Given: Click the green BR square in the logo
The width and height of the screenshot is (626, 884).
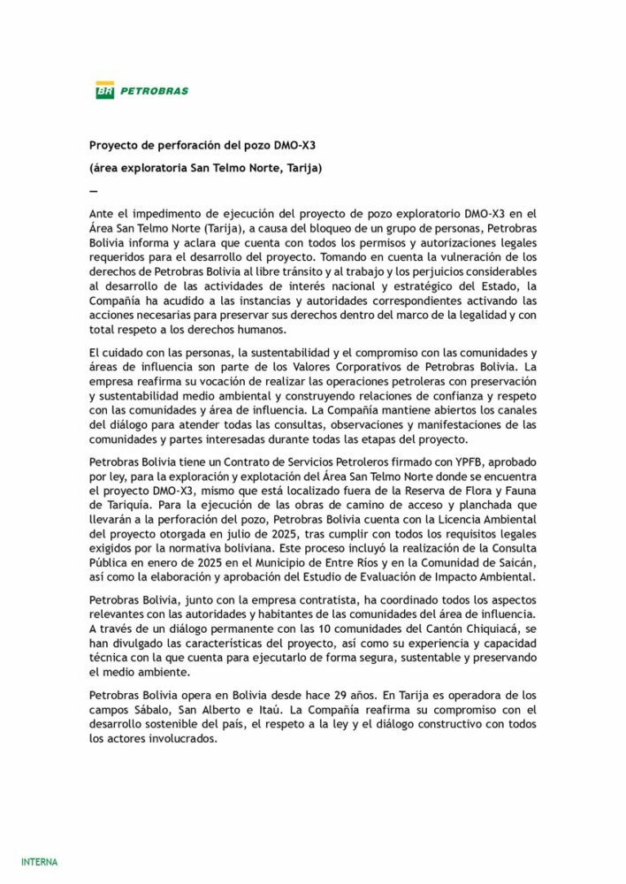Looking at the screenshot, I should pos(105,90).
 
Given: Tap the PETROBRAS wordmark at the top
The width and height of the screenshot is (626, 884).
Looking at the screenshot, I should pos(154,90).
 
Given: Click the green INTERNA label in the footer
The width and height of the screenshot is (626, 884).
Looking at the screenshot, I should pos(39,861).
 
